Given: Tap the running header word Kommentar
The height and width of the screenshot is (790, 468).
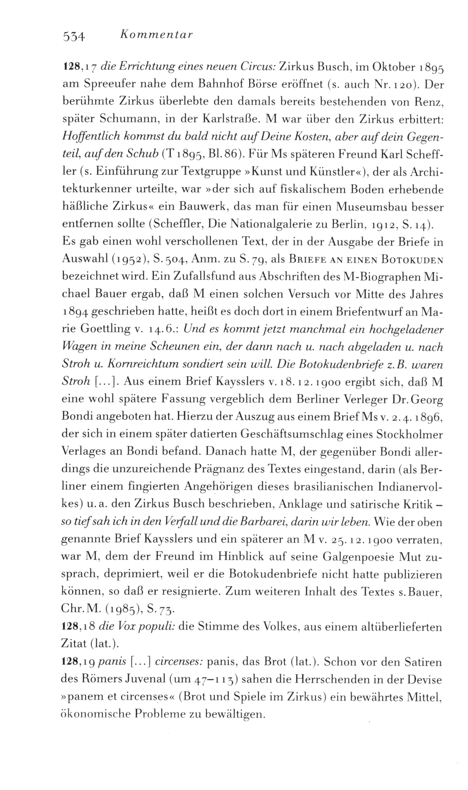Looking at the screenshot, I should (x=157, y=35).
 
